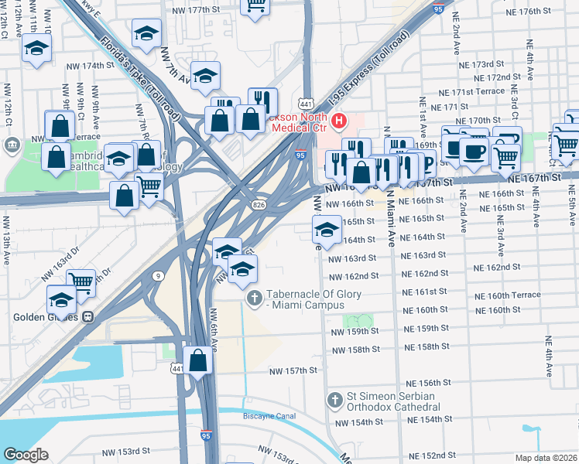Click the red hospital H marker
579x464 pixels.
pyautogui.click(x=338, y=121)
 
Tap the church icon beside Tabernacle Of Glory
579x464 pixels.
pyautogui.click(x=253, y=298)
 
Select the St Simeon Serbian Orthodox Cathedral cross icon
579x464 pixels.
pyautogui.click(x=334, y=401)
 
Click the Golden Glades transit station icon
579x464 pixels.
pyautogui.click(x=89, y=316)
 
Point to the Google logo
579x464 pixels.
pyautogui.click(x=26, y=455)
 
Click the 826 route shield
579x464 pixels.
pyautogui.click(x=259, y=203)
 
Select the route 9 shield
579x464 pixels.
pyautogui.click(x=158, y=275)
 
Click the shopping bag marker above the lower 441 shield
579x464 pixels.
pyautogui.click(x=198, y=360)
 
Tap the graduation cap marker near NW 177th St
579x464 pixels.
pyautogui.click(x=146, y=34)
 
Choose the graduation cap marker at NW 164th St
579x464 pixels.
pyautogui.click(x=327, y=230)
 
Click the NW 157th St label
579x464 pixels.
pyautogui.click(x=293, y=371)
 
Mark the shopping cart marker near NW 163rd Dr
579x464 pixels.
pyautogui.click(x=81, y=281)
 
